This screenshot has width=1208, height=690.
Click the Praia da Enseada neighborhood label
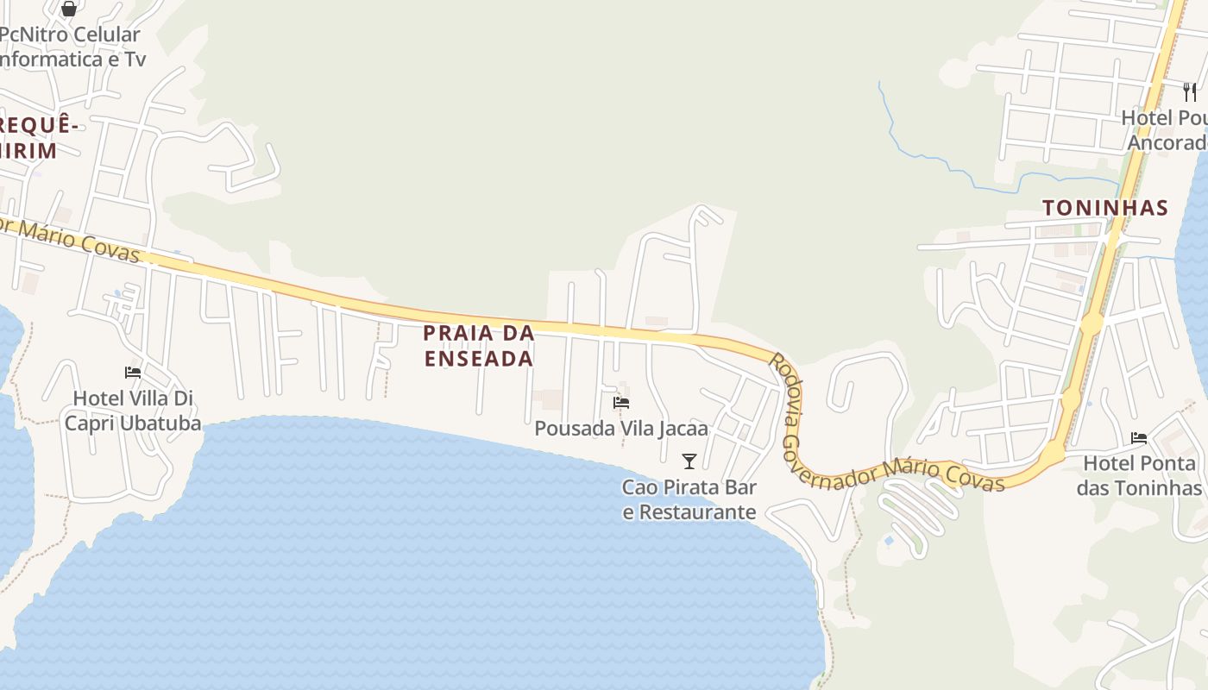point(478,345)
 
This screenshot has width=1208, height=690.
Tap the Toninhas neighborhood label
point(1105,208)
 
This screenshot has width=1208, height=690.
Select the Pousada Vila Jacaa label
point(620,428)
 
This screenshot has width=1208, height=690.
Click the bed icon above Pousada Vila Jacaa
point(620,403)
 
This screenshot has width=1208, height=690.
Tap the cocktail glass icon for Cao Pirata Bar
point(689,461)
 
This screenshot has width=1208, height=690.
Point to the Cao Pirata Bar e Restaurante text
point(689,499)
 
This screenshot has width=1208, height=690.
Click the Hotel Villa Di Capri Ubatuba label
point(133,411)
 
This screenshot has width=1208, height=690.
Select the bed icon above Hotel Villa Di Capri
point(133,373)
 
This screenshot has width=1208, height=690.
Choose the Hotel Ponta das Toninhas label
point(1139,475)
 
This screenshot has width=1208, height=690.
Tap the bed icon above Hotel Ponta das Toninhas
point(1139,438)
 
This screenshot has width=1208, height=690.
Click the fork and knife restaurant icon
point(1190,92)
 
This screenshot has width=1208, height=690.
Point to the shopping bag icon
point(69,9)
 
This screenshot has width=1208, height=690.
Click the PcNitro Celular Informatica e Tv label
point(71,47)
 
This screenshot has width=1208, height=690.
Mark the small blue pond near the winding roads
point(889,541)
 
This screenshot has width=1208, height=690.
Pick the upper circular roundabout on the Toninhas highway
point(1092,324)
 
